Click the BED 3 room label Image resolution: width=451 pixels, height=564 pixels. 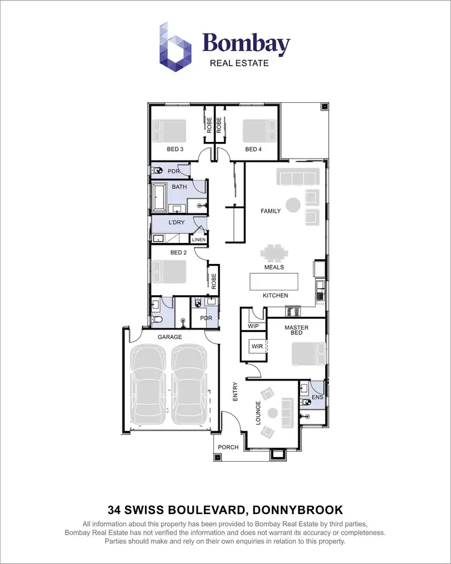coord(175,149)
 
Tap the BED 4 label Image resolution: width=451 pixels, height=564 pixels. coord(253,149)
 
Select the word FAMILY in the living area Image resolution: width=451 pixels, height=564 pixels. coord(271,211)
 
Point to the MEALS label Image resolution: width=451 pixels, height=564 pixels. coord(274,267)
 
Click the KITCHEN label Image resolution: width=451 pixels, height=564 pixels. coord(275,295)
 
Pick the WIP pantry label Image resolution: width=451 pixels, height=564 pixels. coord(253,325)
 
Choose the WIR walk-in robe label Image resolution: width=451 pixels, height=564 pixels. coord(257,347)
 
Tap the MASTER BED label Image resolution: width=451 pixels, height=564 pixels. coord(296,330)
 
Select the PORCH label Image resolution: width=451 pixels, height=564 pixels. coord(228,447)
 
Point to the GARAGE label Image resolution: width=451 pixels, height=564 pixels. coord(170,337)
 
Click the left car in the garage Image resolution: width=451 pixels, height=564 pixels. coord(148,385)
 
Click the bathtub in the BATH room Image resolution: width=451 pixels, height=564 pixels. coord(159,198)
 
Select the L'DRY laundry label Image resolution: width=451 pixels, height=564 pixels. coord(176,222)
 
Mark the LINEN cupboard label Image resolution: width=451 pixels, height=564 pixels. coord(199,240)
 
